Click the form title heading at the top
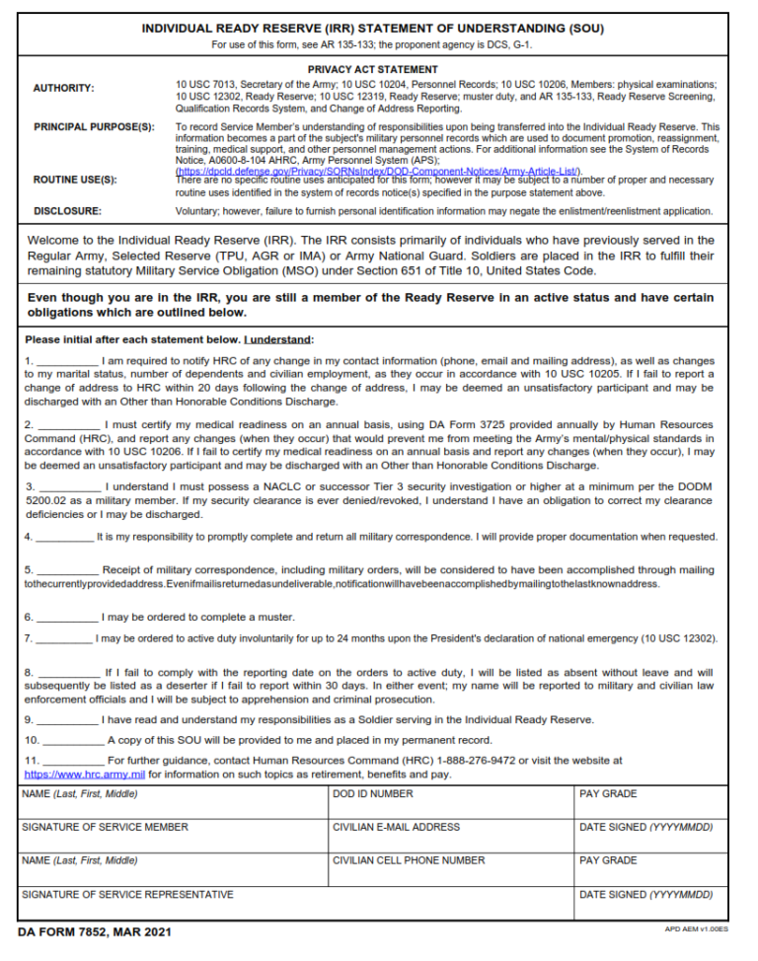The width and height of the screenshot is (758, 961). click(x=373, y=29)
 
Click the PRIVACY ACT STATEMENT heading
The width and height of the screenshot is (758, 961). click(x=373, y=70)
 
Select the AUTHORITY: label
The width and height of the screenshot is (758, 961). click(x=64, y=89)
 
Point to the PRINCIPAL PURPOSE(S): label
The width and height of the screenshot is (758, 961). click(x=94, y=127)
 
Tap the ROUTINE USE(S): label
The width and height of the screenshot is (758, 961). click(x=75, y=180)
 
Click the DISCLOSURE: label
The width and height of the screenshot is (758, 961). click(x=67, y=211)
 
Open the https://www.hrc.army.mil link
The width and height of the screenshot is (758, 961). click(x=84, y=775)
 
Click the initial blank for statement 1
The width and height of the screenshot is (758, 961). click(x=67, y=362)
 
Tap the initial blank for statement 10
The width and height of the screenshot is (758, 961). click(x=73, y=740)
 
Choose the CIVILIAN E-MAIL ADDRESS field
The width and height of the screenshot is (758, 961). click(x=451, y=837)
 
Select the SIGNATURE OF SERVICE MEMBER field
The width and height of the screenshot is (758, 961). click(x=173, y=837)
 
